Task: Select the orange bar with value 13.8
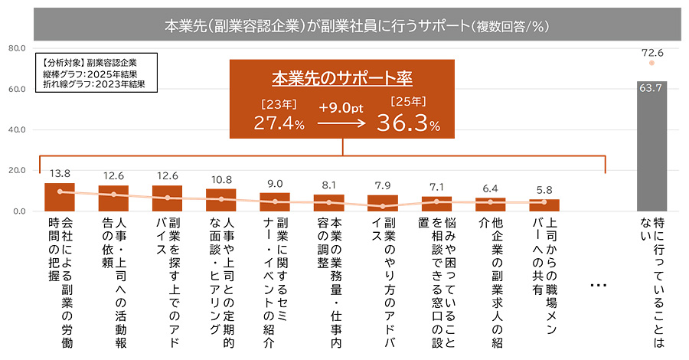coord(60,197)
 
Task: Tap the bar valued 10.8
coord(220,199)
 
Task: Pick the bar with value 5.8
coord(544,205)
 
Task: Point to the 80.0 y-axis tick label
coord(17,48)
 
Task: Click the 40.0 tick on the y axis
coord(17,129)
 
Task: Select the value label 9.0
coord(275,183)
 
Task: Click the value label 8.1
coord(328,185)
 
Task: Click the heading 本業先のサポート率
coord(342,79)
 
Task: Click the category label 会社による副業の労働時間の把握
coord(60,280)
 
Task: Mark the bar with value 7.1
coord(436,203)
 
